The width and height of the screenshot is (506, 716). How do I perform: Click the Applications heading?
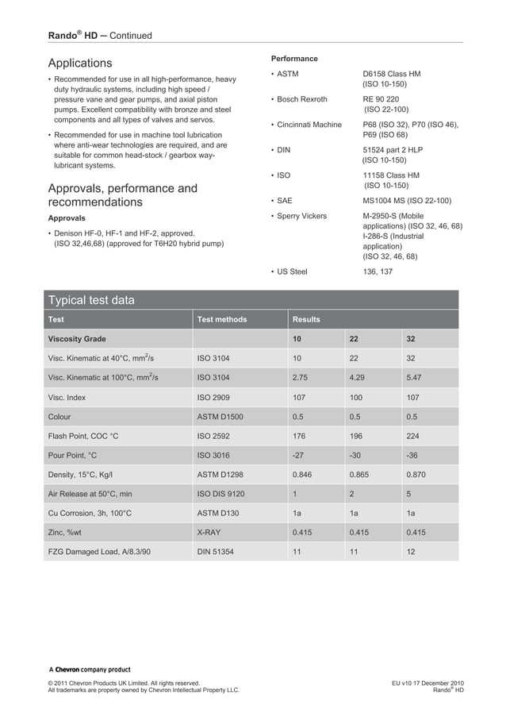pos(80,63)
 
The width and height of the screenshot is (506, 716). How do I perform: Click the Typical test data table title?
pos(91,300)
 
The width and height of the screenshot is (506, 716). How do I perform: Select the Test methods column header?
pos(221,319)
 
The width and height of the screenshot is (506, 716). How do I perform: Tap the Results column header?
pos(306,319)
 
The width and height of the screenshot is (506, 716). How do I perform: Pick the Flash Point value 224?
pos(412,436)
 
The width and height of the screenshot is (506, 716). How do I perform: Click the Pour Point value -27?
pos(299,456)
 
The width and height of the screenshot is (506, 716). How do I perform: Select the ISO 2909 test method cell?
pos(213,397)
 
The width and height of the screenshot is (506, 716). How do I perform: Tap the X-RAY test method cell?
pos(210,533)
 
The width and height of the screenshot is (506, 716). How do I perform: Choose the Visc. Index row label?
pos(67,397)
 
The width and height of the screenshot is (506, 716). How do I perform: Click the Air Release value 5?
pos(408,495)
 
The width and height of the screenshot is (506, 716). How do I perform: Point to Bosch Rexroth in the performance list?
pos(301,99)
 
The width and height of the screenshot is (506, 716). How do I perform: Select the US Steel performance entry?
pos(292,271)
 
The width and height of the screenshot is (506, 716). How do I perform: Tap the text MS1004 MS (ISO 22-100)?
pos(407,201)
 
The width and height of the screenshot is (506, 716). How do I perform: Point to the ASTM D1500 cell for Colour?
pos(220,417)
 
